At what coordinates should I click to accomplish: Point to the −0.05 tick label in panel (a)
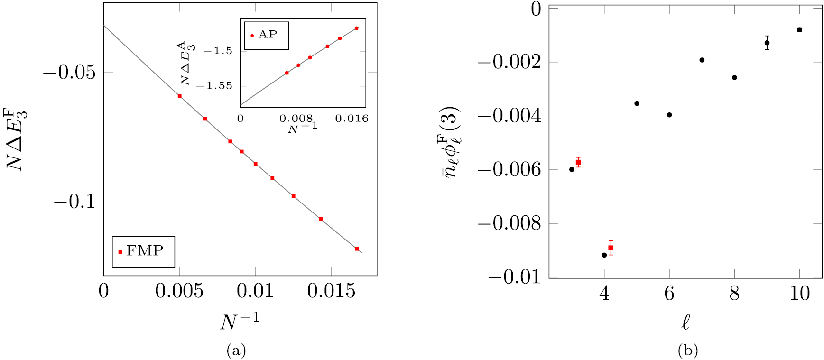click(x=69, y=73)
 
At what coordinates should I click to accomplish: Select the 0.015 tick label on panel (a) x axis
click(x=331, y=291)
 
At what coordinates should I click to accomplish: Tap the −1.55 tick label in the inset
click(x=214, y=86)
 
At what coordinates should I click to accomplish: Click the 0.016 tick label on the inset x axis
click(x=352, y=119)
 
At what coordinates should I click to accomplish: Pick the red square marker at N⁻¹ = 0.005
click(x=179, y=96)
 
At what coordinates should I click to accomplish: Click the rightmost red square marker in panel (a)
click(x=357, y=249)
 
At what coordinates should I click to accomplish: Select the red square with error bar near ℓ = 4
click(x=611, y=248)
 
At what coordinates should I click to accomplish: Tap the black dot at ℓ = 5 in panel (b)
click(x=637, y=103)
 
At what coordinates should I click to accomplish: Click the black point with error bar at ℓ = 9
click(x=767, y=43)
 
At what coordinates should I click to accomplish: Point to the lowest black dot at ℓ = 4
click(x=604, y=255)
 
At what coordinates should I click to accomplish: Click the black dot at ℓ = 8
click(x=734, y=77)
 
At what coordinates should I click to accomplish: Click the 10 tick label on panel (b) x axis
click(x=799, y=294)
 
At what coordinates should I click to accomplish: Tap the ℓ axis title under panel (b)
click(x=685, y=323)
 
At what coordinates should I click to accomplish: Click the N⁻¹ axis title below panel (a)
click(x=240, y=321)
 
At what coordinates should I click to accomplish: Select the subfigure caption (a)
click(x=236, y=351)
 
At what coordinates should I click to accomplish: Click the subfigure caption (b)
click(x=688, y=351)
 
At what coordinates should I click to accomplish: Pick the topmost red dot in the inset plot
click(x=357, y=28)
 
